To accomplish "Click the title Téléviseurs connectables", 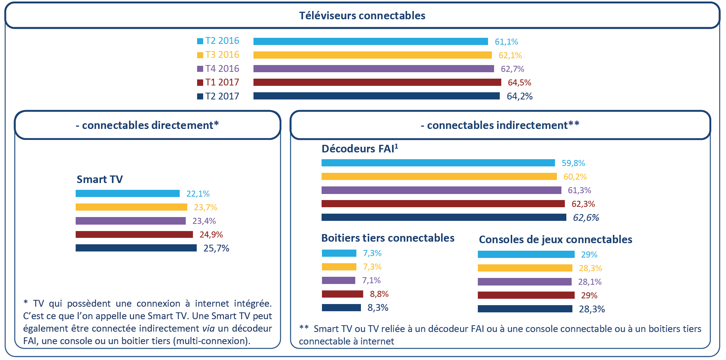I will pyautogui.click(x=362, y=16).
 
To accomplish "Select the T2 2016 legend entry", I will pyautogui.click(x=218, y=41).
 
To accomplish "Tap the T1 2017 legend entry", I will pyautogui.click(x=218, y=82).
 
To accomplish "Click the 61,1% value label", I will pyautogui.click(x=506, y=42).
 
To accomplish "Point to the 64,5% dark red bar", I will pyautogui.click(x=377, y=82).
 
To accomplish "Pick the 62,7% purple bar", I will pyautogui.click(x=373, y=69).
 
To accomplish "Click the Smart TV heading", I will pyautogui.click(x=99, y=179).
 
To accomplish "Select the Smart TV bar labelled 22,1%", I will pyautogui.click(x=127, y=194).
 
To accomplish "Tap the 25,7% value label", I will pyautogui.click(x=216, y=248).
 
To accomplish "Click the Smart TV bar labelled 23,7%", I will pyautogui.click(x=131, y=207).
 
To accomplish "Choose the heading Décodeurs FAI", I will pyautogui.click(x=359, y=149).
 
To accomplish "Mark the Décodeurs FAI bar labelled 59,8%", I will pyautogui.click(x=438, y=163).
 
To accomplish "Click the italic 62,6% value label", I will pyautogui.click(x=586, y=218).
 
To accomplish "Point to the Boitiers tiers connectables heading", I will pyautogui.click(x=388, y=238).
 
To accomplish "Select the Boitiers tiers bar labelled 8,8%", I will pyautogui.click(x=342, y=294).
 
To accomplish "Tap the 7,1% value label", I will pyautogui.click(x=371, y=281).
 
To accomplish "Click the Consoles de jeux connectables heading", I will pyautogui.click(x=555, y=239).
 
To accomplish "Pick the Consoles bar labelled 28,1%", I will pyautogui.click(x=524, y=282).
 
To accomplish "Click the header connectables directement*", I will pyautogui.click(x=147, y=125).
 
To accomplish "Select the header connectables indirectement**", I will pyautogui.click(x=500, y=125).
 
